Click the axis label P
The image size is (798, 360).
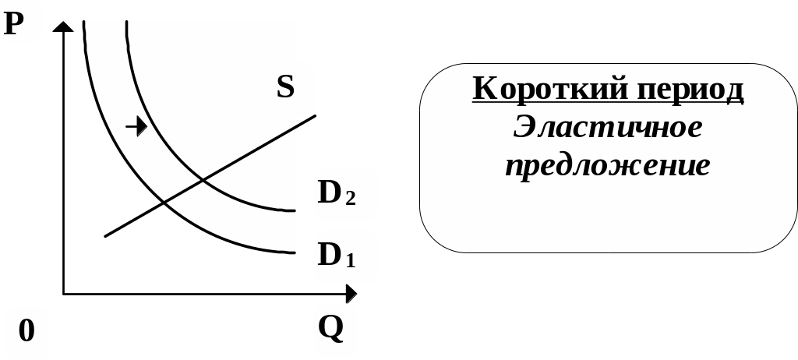pos(13,24)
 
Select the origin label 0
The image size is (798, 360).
pos(26,330)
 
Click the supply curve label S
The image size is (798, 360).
pos(285,86)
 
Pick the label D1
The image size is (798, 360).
pos(336,254)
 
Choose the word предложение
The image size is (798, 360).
pos(608,165)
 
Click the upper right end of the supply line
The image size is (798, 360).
pos(315,115)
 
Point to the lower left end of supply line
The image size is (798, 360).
pos(105,235)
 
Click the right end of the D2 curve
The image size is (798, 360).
pos(294,210)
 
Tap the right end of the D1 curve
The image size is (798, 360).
pos(294,252)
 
